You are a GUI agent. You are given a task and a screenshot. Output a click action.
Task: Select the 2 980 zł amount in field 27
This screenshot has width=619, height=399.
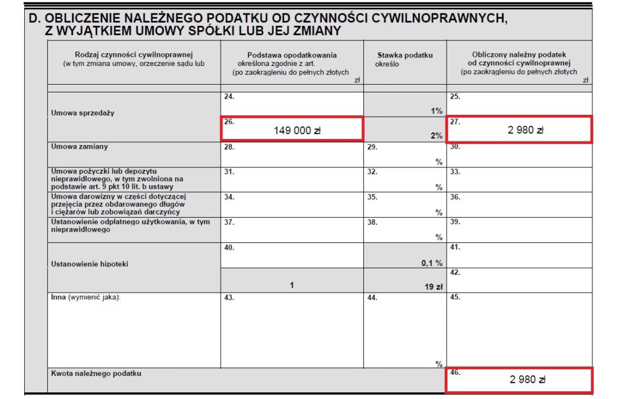point(526,129)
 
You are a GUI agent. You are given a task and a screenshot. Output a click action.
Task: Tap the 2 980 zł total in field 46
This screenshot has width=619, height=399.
point(527,380)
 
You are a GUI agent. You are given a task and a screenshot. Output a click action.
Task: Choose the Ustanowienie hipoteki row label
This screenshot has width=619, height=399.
point(90,264)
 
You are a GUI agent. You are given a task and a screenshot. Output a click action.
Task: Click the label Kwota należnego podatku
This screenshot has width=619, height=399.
point(96,374)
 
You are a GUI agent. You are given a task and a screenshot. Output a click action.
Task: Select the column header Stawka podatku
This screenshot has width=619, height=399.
point(405,56)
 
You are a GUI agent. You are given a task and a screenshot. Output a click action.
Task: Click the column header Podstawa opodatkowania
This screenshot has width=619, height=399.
point(292,56)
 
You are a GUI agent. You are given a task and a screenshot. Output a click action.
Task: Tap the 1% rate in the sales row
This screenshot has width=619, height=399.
point(436,111)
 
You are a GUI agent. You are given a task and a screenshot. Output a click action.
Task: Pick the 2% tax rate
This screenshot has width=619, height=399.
point(436,136)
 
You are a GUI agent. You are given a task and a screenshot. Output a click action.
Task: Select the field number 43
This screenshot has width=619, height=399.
point(228,297)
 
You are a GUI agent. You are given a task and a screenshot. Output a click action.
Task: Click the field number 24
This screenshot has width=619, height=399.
point(228,96)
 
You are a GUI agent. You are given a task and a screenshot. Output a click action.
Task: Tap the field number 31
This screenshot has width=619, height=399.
point(228,172)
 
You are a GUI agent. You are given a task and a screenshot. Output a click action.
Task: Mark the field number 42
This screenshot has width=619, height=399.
point(455,272)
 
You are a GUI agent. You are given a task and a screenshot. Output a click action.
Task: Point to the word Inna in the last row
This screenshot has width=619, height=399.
point(59,297)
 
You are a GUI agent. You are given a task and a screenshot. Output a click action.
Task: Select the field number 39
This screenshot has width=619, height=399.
point(455,222)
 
